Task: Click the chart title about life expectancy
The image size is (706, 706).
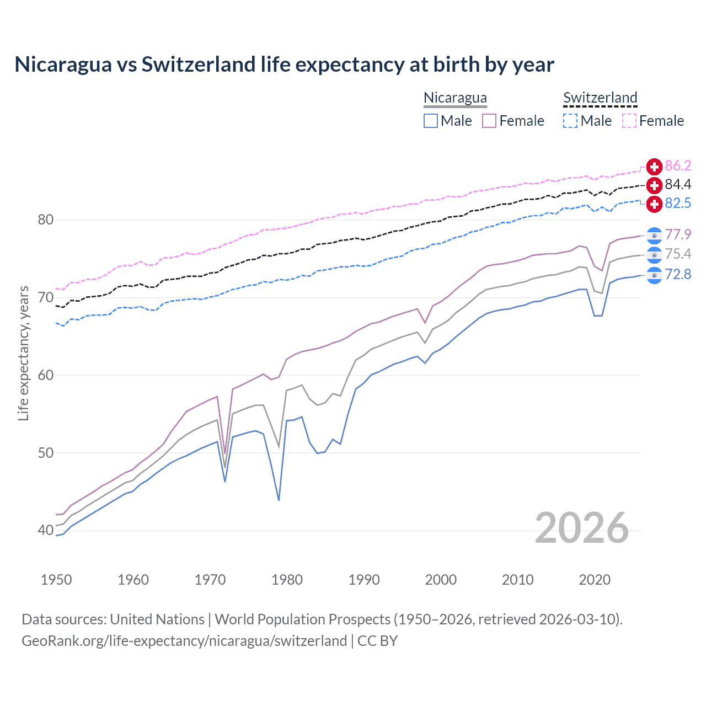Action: coord(284,65)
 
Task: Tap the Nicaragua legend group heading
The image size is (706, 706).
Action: coord(455,98)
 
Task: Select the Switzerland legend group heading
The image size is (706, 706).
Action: coord(600,98)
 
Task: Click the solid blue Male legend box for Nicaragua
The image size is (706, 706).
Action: coord(431,121)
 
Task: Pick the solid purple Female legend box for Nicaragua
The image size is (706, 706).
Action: coord(489,121)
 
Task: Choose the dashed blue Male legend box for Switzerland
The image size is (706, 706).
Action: coord(570,121)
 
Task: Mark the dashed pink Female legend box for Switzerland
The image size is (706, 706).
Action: coord(629,121)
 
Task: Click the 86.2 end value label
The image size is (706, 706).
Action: coord(678,166)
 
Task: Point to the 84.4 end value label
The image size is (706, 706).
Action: coord(678,185)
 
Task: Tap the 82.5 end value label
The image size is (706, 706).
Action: coord(678,204)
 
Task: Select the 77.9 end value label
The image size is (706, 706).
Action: coord(678,235)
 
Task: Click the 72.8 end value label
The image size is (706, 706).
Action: coord(678,274)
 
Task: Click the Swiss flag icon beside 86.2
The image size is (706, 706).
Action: coord(654,166)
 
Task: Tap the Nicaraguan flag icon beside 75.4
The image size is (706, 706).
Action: coord(654,255)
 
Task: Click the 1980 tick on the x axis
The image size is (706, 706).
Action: coord(287,580)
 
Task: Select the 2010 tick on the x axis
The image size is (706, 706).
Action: coord(517,580)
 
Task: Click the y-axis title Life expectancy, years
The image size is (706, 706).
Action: coord(24,353)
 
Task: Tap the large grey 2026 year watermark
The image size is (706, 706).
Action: coord(582,528)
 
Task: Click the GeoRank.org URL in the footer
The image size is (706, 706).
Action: coord(184,641)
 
